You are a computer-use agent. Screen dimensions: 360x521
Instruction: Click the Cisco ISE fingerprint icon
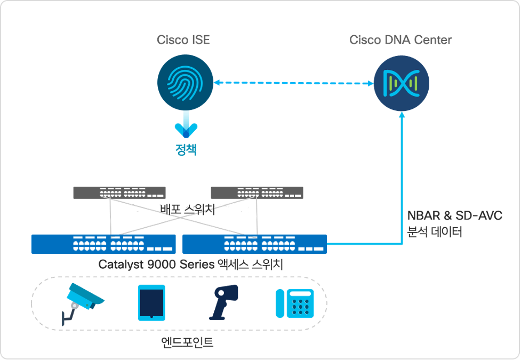186,83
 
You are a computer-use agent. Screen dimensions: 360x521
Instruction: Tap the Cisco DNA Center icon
400,84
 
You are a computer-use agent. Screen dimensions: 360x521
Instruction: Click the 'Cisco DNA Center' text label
400,40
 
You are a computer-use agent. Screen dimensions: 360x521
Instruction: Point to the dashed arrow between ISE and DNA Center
293,83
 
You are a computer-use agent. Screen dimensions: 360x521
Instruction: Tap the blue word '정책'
186,150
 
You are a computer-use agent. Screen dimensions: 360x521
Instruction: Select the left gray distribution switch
119,193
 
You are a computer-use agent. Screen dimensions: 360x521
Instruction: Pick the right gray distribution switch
257,193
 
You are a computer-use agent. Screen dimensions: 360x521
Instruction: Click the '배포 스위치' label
187,209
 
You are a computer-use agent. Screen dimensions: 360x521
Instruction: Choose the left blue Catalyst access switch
103,244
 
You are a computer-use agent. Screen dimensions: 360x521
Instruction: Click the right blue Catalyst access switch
254,244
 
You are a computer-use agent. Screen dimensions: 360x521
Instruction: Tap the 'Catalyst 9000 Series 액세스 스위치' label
190,264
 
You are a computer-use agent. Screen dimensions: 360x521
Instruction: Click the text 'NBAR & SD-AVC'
455,215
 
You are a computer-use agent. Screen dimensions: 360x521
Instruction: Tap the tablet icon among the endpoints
151,302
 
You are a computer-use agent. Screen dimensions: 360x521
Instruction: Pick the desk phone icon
293,303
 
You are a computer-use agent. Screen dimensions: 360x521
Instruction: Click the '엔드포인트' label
187,342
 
